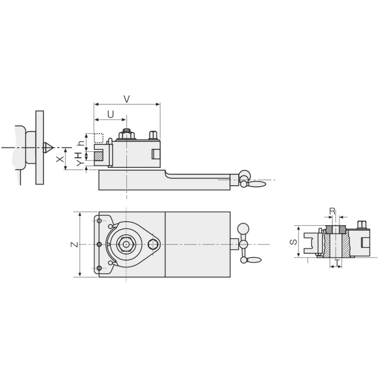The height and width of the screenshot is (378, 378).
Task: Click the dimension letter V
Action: pos(127,99)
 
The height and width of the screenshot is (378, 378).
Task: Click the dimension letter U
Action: pos(111,114)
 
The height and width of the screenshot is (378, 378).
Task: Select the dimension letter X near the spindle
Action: pos(60,159)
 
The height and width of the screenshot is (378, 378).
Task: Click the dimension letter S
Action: pos(293,241)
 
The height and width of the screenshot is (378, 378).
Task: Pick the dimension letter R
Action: pos(332,211)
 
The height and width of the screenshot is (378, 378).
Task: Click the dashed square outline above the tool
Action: pos(99,138)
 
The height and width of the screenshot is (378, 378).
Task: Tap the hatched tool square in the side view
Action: pos(99,155)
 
